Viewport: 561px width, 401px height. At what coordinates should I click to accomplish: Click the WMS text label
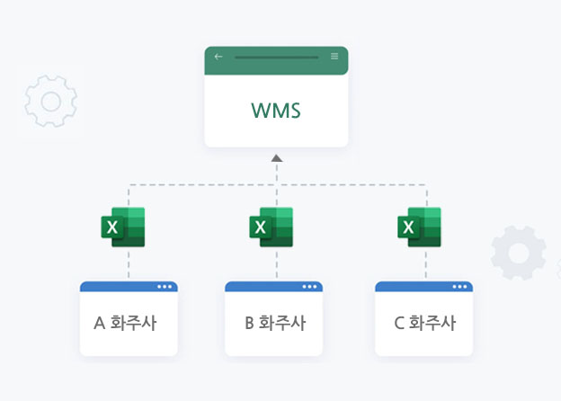tap(275, 112)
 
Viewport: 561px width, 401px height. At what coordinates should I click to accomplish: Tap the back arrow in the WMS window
tap(218, 57)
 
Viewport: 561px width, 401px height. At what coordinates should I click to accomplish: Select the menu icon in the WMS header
tap(334, 56)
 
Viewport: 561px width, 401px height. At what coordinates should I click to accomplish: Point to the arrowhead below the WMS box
tap(276, 158)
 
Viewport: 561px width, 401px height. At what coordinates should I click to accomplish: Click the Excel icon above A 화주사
tap(123, 227)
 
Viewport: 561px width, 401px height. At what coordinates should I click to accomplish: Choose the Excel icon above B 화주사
tap(271, 227)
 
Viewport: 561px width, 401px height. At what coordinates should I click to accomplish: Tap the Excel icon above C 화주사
tap(419, 227)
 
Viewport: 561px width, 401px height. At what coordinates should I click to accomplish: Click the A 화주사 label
tap(125, 323)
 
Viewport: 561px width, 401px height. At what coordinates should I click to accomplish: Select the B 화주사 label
tap(275, 323)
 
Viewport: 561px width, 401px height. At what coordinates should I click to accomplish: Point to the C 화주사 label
tap(424, 323)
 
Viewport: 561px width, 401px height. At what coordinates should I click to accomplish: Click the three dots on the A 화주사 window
tap(164, 288)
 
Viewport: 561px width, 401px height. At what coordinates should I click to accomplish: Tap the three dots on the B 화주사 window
tap(310, 288)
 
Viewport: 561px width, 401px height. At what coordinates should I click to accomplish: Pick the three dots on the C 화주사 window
tap(460, 288)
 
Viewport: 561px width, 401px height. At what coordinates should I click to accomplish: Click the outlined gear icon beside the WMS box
tap(50, 100)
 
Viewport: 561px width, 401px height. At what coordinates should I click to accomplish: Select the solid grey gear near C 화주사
tap(519, 253)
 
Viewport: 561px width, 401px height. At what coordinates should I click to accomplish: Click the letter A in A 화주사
tap(100, 323)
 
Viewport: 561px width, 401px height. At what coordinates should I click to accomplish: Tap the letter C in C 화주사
tap(399, 323)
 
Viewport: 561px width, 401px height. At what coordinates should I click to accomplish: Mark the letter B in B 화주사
tap(250, 323)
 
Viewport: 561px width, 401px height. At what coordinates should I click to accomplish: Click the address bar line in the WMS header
tap(276, 57)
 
